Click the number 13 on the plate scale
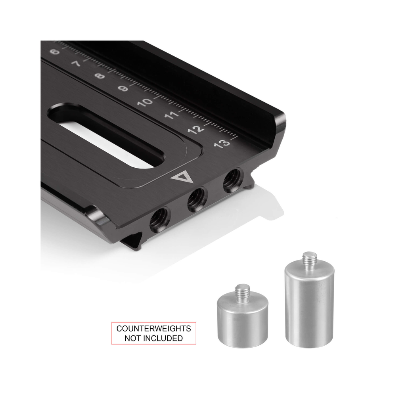click(x=222, y=144)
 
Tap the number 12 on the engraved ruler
click(x=196, y=129)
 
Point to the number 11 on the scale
click(x=171, y=115)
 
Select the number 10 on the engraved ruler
click(x=145, y=102)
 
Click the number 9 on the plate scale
click(x=123, y=89)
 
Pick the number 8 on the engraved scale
click(x=100, y=76)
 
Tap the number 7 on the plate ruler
click(x=76, y=63)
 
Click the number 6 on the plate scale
click(x=54, y=52)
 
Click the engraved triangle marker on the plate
click(x=183, y=177)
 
